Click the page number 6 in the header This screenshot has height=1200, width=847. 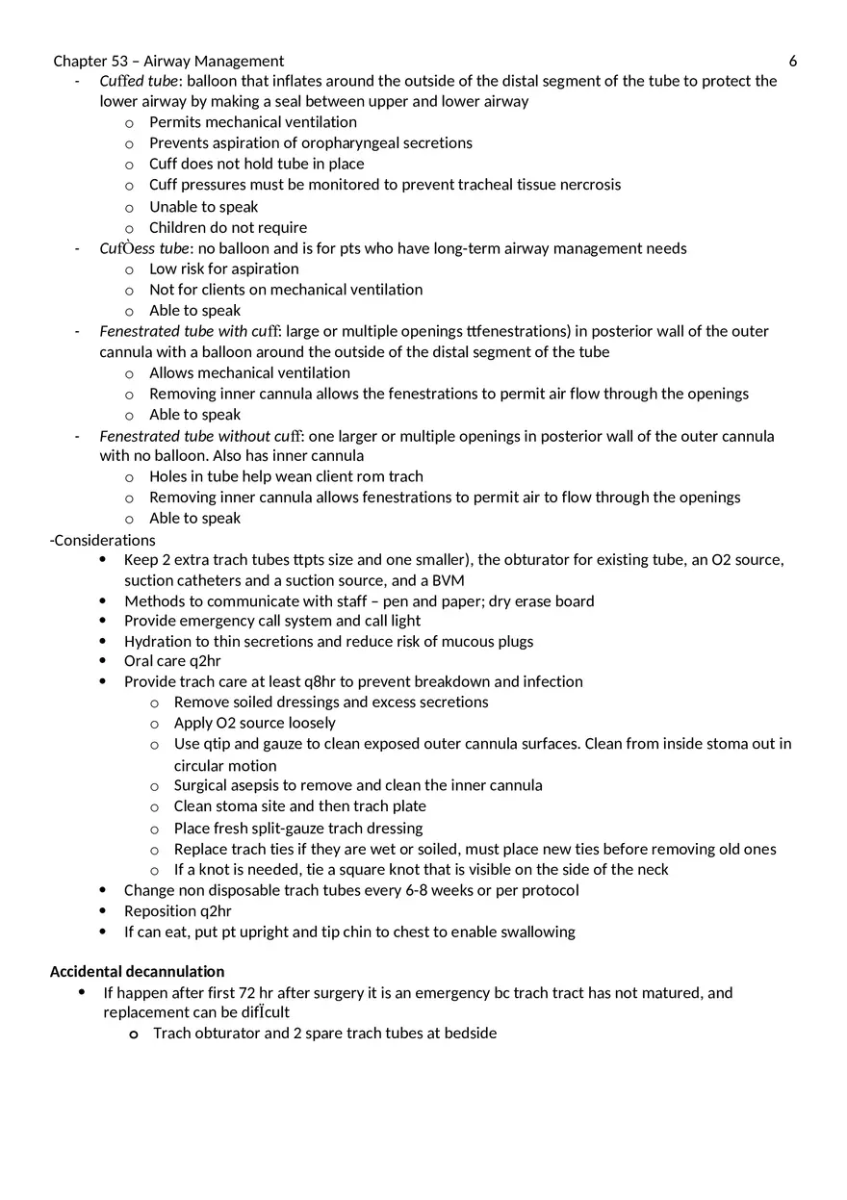pyautogui.click(x=792, y=62)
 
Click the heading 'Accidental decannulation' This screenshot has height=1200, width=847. pyautogui.click(x=137, y=972)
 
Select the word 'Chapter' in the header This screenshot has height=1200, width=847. pyautogui.click(x=79, y=62)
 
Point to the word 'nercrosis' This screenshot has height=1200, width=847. pyautogui.click(x=589, y=185)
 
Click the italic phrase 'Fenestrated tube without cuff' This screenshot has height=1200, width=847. pyautogui.click(x=199, y=436)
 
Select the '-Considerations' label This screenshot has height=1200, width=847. pyautogui.click(x=103, y=540)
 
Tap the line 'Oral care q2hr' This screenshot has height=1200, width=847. pyautogui.click(x=172, y=661)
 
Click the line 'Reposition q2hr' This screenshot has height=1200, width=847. pyautogui.click(x=177, y=910)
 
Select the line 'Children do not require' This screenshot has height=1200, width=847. pyautogui.click(x=228, y=227)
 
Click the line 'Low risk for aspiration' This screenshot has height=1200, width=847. pyautogui.click(x=223, y=268)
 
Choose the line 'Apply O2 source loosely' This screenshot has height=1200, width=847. pyautogui.click(x=254, y=723)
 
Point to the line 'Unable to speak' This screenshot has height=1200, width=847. pyautogui.click(x=203, y=207)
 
